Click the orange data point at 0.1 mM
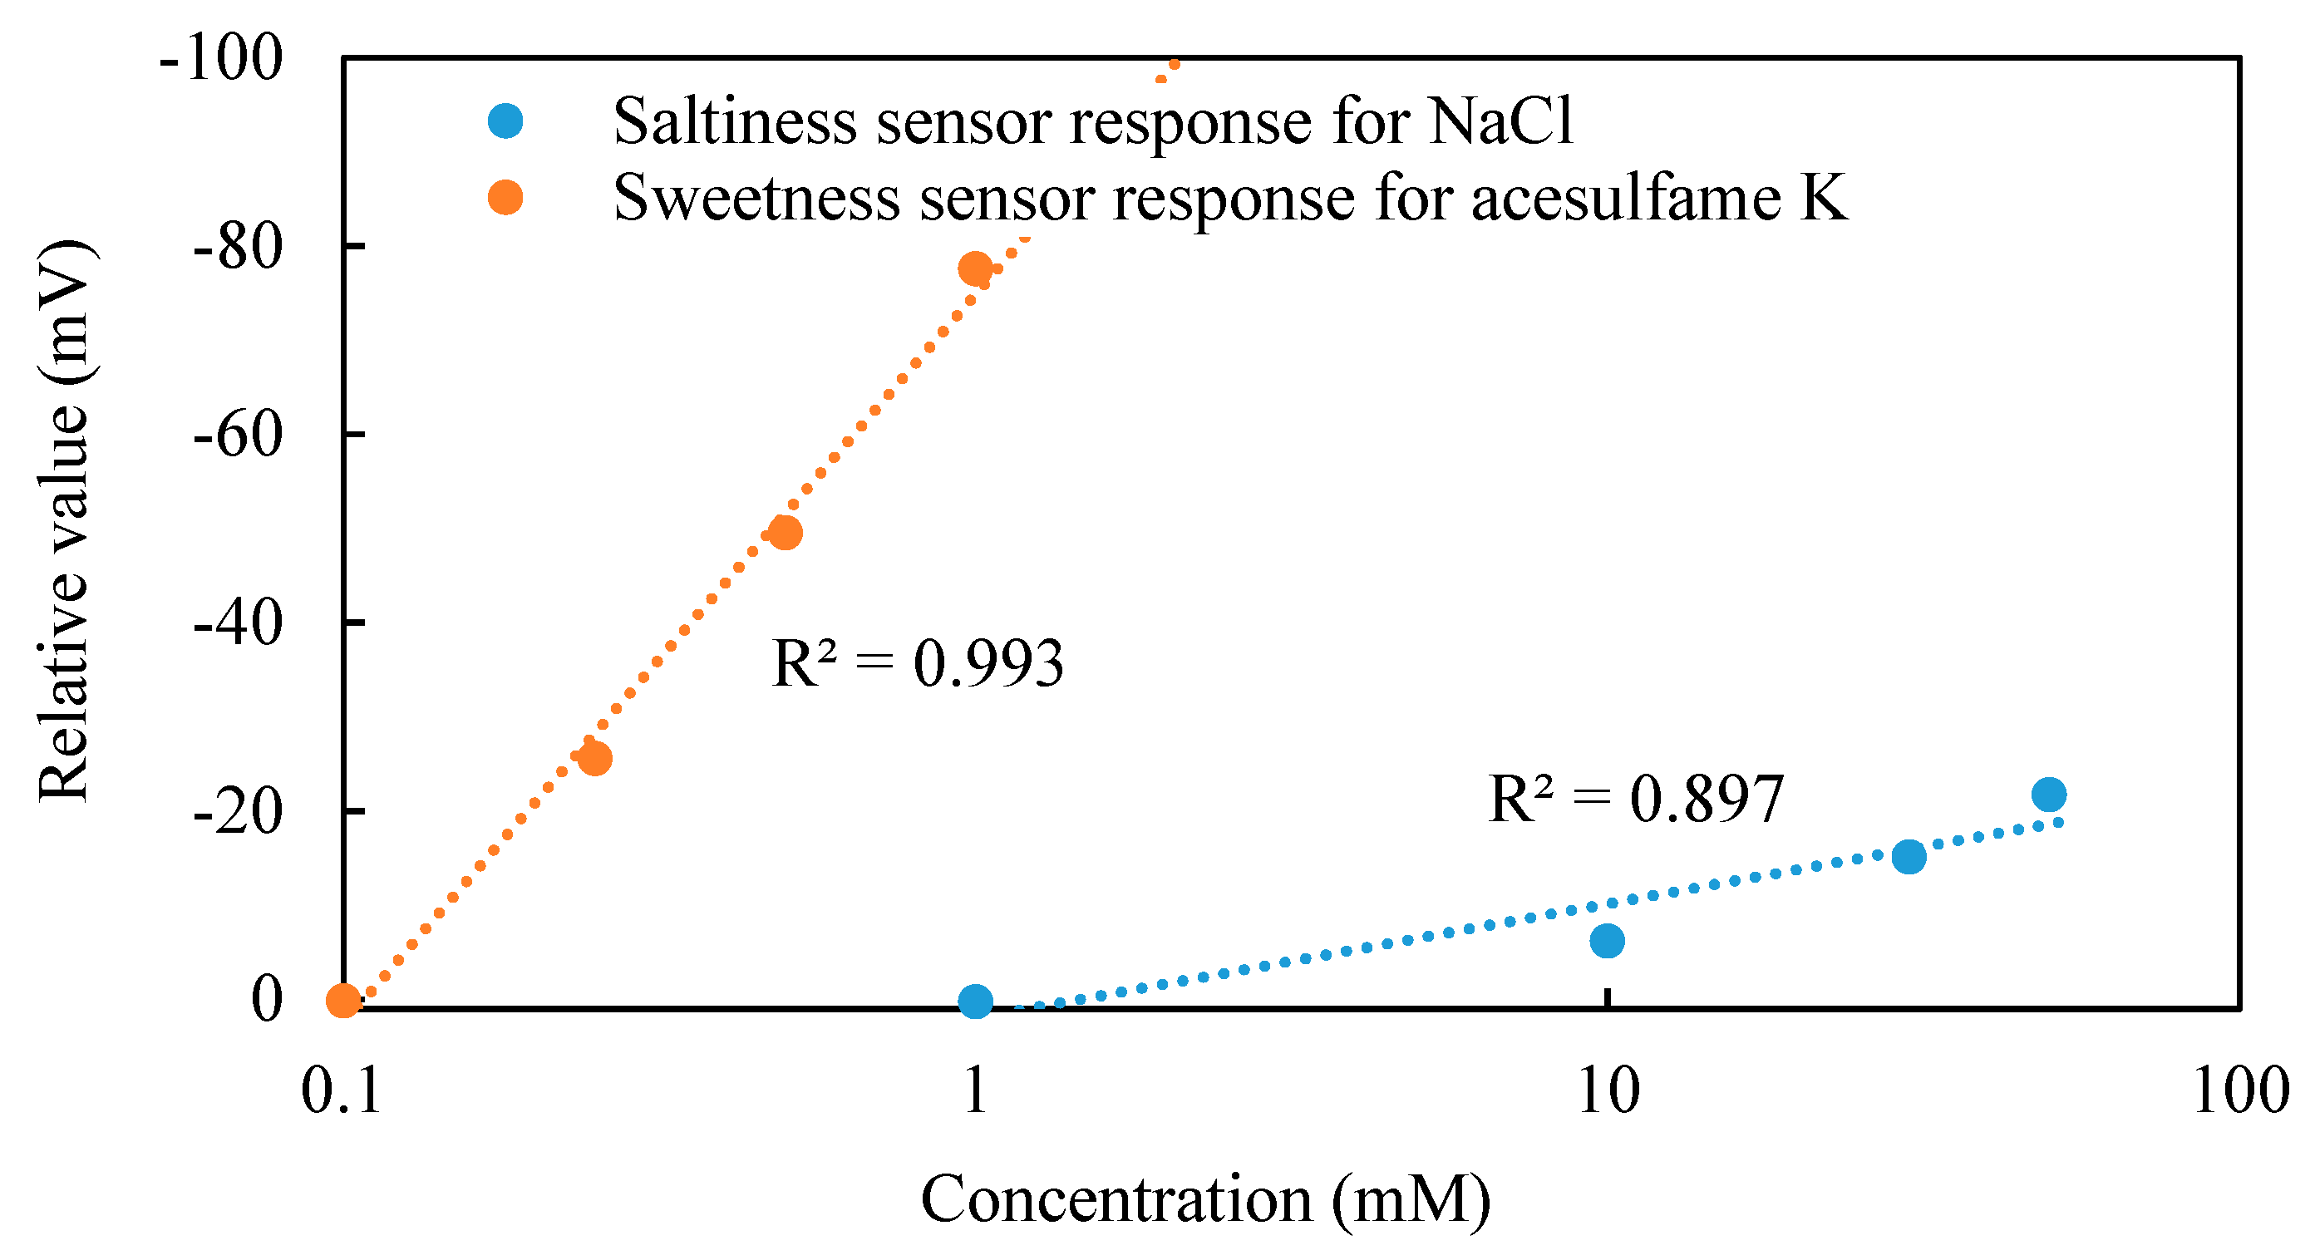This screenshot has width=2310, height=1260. [x=343, y=999]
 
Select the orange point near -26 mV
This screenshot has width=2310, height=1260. [x=594, y=759]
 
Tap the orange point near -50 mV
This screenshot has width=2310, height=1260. [x=786, y=533]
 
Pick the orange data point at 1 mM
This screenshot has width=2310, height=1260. [x=975, y=268]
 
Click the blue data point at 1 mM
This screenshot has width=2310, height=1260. [x=976, y=1001]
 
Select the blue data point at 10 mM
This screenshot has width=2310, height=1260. [x=1607, y=941]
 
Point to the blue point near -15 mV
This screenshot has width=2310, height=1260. [x=1909, y=856]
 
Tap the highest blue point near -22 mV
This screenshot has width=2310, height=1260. [x=2049, y=794]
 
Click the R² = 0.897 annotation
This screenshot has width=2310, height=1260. [x=1636, y=799]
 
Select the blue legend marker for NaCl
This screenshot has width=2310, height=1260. [x=505, y=121]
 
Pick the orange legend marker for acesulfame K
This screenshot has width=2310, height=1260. [x=505, y=197]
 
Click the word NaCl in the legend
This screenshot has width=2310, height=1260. [x=1501, y=121]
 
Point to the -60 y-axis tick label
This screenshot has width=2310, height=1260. [x=238, y=435]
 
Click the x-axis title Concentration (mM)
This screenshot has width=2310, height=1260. [x=1205, y=1200]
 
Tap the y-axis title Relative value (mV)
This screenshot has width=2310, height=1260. [x=65, y=520]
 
